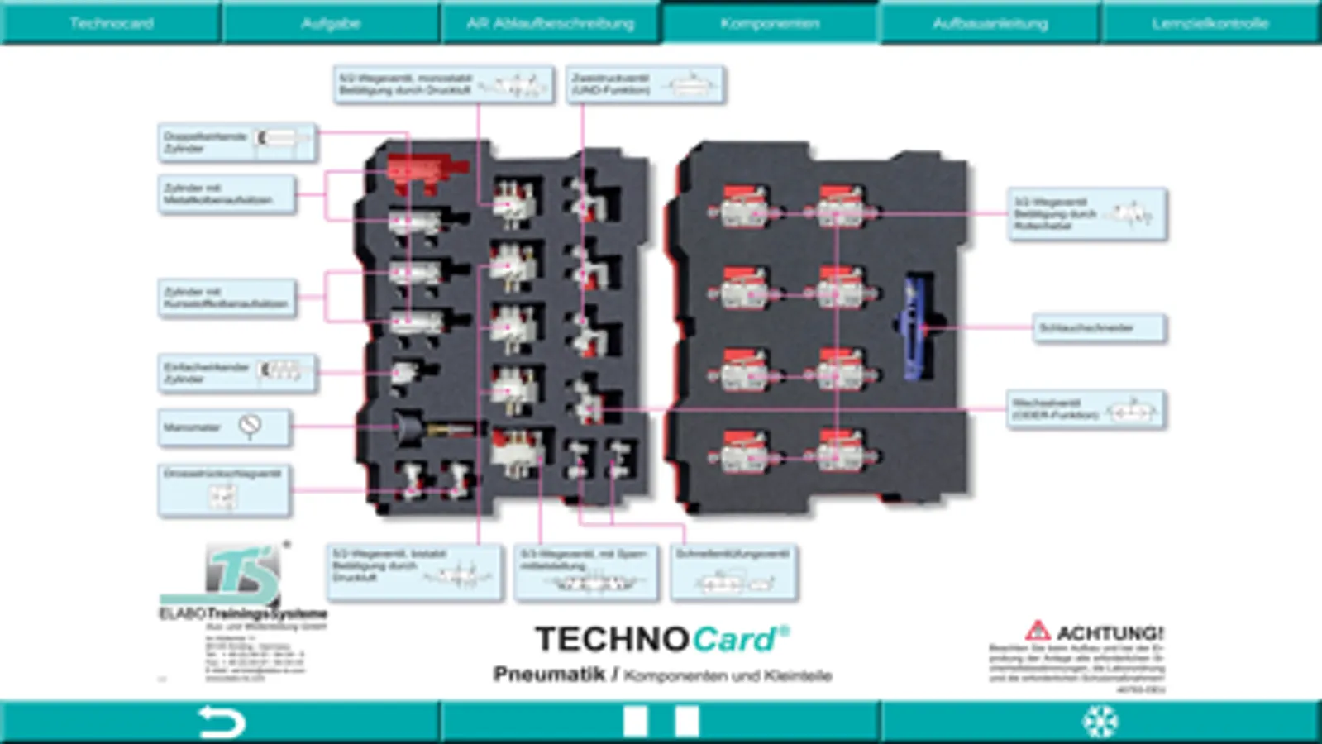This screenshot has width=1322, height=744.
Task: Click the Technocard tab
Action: (x=111, y=23)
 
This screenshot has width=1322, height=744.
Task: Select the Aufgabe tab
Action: (x=330, y=23)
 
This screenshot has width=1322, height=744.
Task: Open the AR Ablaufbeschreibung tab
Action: (x=550, y=23)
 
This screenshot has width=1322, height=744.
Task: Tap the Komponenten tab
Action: (x=770, y=23)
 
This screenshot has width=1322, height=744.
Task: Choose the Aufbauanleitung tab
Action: (x=990, y=23)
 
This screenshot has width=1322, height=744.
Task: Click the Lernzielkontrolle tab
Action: (x=1210, y=23)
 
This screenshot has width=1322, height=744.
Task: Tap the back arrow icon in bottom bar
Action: (x=222, y=722)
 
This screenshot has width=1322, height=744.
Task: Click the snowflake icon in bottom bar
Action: (x=1100, y=722)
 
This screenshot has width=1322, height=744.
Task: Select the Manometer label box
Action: (x=223, y=427)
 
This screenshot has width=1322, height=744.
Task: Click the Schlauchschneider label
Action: (x=1098, y=327)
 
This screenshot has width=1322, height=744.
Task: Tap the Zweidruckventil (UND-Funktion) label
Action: (x=644, y=84)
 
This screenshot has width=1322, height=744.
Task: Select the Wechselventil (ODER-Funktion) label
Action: (x=1086, y=409)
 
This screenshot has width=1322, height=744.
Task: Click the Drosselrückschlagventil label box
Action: (x=223, y=490)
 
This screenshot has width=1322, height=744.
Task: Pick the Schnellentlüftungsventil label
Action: (x=733, y=571)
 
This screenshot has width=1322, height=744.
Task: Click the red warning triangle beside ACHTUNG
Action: (x=1037, y=632)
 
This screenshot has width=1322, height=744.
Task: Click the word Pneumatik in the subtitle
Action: (x=549, y=675)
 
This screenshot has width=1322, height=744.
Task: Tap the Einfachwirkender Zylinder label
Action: (x=236, y=373)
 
